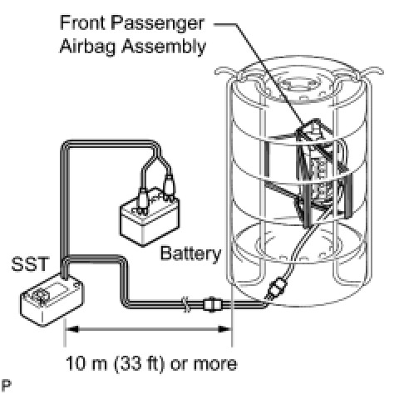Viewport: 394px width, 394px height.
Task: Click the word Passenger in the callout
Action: click(157, 24)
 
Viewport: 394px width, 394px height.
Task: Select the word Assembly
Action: click(164, 47)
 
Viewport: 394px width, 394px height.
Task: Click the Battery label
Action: click(190, 254)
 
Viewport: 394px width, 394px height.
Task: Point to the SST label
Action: click(30, 263)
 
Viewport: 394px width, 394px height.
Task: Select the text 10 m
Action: click(86, 363)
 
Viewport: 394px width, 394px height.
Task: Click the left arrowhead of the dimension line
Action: click(72, 329)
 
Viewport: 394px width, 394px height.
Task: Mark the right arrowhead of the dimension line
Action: click(224, 329)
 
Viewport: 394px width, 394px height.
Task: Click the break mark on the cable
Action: click(186, 304)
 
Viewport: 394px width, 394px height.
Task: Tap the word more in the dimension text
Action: click(215, 364)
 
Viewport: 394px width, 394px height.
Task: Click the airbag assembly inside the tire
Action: click(322, 173)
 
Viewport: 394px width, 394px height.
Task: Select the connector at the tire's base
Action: click(276, 288)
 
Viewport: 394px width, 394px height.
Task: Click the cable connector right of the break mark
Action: click(213, 305)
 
